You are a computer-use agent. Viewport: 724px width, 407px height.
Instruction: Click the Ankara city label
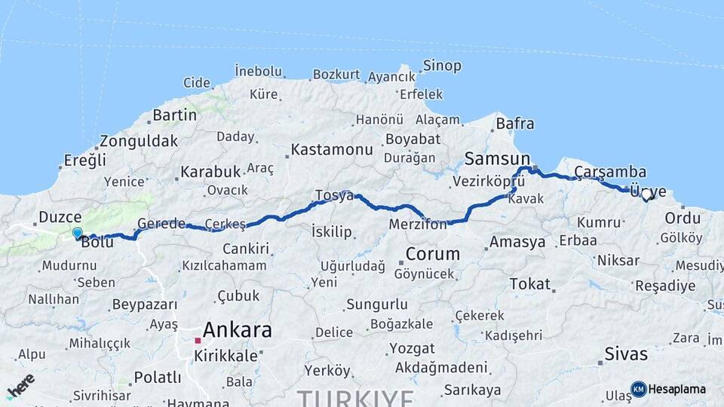(237, 329)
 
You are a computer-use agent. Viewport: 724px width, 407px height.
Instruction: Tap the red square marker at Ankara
(198, 341)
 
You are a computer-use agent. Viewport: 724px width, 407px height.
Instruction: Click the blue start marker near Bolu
(77, 233)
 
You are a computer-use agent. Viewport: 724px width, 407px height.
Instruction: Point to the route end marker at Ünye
(646, 197)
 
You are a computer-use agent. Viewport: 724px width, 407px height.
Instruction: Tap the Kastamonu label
(332, 149)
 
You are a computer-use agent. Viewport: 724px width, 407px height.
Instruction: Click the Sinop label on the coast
(442, 66)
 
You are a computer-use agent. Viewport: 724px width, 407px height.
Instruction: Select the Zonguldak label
(139, 141)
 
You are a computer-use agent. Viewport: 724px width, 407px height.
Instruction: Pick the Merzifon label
(419, 225)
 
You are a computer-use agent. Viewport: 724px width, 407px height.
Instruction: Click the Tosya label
(334, 196)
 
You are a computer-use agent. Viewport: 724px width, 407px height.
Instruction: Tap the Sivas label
(626, 353)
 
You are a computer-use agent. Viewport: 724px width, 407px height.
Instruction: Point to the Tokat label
(529, 283)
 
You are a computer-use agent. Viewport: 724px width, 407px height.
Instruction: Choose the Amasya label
(517, 242)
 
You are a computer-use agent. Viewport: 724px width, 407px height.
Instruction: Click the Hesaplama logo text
(677, 389)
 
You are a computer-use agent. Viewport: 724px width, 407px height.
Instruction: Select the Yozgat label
(412, 349)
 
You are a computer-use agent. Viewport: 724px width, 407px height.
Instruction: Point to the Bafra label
(516, 124)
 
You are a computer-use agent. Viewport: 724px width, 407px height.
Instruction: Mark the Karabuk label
(210, 172)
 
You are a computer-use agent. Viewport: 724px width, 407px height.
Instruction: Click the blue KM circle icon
(639, 389)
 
